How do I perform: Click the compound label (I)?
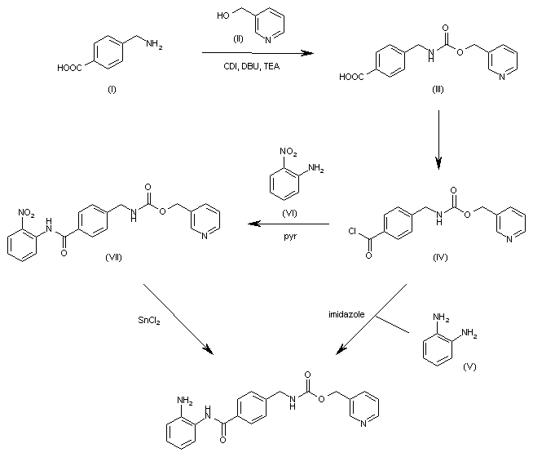[x=112, y=89]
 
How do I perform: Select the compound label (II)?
[x=238, y=39]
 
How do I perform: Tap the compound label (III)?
[x=438, y=89]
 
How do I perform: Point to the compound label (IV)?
[x=440, y=257]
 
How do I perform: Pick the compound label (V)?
[x=469, y=366]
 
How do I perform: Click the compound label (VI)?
[x=289, y=213]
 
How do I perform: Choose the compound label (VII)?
[x=113, y=257]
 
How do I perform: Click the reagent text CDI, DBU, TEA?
[x=252, y=66]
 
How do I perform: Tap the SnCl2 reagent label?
[x=149, y=320]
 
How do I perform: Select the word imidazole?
[x=346, y=314]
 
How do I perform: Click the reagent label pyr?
[x=290, y=236]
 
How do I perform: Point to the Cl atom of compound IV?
[x=352, y=232]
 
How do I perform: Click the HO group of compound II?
[x=223, y=16]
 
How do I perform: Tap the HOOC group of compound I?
[x=69, y=68]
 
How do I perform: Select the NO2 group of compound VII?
[x=26, y=213]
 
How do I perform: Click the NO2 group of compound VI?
[x=289, y=152]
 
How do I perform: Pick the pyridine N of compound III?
[x=502, y=77]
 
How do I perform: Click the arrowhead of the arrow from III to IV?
[x=438, y=164]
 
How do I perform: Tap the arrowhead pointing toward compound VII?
[x=254, y=224]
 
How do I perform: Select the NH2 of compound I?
[x=154, y=44]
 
